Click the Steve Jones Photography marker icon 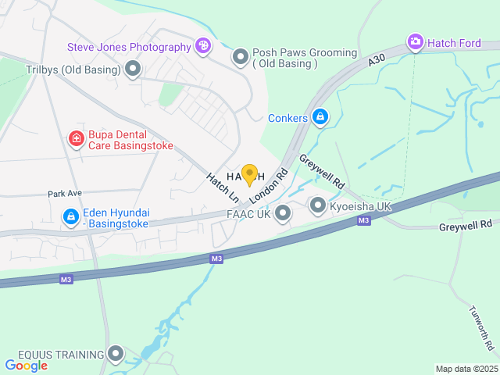click(x=203, y=46)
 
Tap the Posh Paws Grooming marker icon click(x=241, y=57)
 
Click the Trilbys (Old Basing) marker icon click(x=133, y=70)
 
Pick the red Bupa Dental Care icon click(x=77, y=139)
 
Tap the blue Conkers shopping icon click(x=320, y=118)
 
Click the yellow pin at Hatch click(x=249, y=174)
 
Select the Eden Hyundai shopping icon click(x=70, y=216)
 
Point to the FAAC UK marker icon click(x=282, y=213)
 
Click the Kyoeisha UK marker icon click(x=318, y=205)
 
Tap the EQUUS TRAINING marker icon click(x=116, y=354)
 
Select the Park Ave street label click(x=64, y=193)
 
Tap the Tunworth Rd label click(x=482, y=327)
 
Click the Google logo click(x=26, y=365)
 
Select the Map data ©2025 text click(x=466, y=369)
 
